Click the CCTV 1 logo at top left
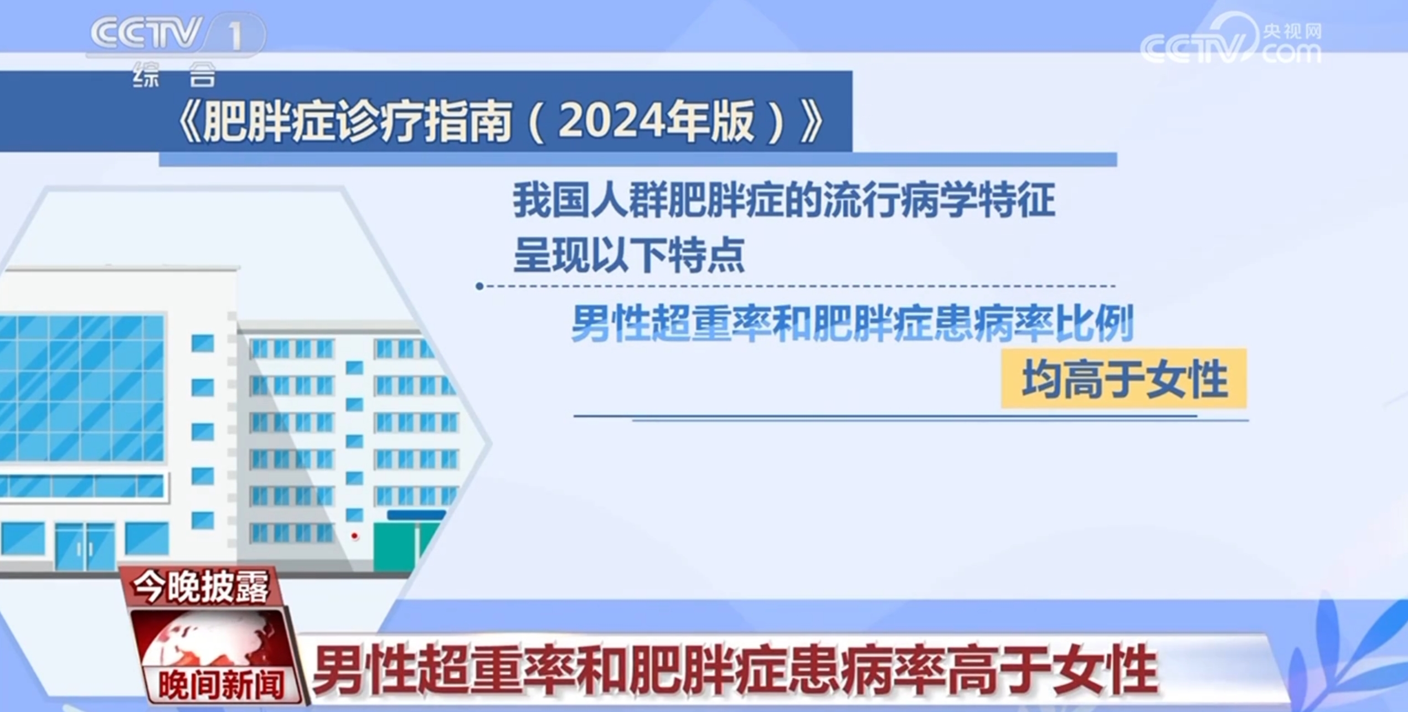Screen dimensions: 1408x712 pos(177,35)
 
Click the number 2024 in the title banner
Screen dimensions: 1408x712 pos(611,120)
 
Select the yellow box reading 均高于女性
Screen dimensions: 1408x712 pos(1124,379)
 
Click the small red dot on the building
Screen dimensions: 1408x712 pos(354,536)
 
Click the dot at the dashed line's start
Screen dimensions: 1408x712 pos(479,286)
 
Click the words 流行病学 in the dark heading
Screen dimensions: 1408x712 pos(900,200)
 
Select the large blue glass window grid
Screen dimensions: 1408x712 pos(82,388)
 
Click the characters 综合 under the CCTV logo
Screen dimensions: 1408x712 pos(174,75)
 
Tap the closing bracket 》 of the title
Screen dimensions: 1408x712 pos(812,121)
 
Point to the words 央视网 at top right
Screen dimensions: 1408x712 pos(1292,31)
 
